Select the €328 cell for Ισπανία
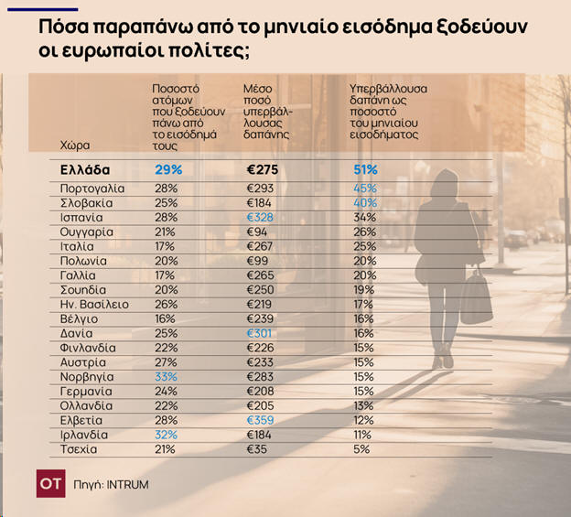261,217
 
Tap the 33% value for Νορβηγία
166,376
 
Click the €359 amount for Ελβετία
262,420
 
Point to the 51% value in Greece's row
365,169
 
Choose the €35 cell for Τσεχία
257,449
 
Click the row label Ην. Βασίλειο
94,304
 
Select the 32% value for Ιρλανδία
166,435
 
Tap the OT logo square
50,484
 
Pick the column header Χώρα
74,145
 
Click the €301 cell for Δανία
261,333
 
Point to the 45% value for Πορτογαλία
364,188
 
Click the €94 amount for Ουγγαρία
257,232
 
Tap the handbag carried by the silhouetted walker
475,298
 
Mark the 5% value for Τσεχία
361,449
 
